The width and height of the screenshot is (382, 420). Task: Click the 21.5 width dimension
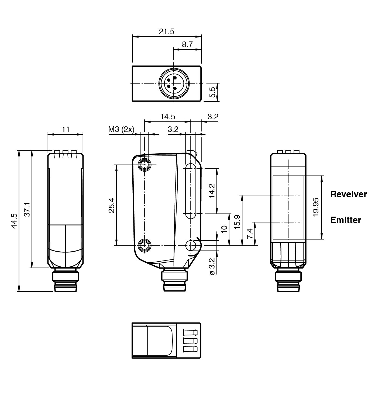tap(167, 32)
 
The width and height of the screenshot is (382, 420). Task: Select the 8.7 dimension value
tap(187, 44)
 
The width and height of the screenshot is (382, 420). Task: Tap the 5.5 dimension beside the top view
tap(212, 92)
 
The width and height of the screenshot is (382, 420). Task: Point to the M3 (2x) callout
tap(121, 130)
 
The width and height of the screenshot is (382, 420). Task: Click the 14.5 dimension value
tap(167, 117)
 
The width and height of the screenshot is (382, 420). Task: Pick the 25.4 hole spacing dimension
tap(111, 205)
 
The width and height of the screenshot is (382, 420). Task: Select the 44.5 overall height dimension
tap(14, 221)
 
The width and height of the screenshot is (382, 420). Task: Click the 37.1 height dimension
tap(27, 209)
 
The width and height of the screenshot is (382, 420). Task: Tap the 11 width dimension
tap(66, 130)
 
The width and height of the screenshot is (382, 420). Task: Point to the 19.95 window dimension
tap(316, 207)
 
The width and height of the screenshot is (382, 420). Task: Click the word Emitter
tap(346, 220)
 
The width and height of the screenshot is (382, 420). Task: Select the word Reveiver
tap(349, 194)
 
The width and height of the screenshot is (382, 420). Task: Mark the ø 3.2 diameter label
tap(212, 266)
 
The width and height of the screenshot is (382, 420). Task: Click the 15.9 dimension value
tap(237, 222)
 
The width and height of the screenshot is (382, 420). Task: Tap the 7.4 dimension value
tap(250, 234)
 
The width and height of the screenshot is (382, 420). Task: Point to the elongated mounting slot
tap(191, 191)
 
